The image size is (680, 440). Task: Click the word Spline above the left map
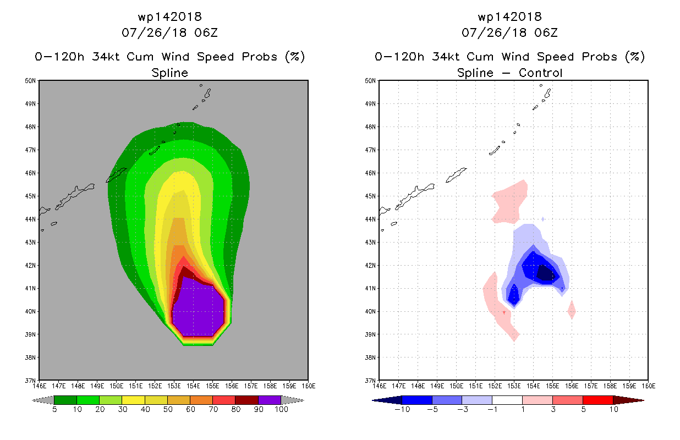coord(169,73)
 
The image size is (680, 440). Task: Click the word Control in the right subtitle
coord(540,73)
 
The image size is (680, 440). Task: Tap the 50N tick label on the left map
coord(30,81)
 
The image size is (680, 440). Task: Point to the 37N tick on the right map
coord(370,381)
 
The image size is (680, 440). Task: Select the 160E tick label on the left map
coord(309,386)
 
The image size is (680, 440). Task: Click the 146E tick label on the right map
coord(380,386)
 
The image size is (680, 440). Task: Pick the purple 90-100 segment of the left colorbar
coord(270,400)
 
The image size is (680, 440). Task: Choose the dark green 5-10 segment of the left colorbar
coord(65,400)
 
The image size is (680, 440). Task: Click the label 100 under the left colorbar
coord(281,409)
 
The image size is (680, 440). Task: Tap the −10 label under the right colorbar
coord(402,409)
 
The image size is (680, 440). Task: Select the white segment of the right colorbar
coord(507,400)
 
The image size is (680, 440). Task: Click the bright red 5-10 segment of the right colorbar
coord(598,400)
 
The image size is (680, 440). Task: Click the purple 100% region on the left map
coord(198,310)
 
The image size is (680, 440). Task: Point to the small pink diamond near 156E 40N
coord(572,310)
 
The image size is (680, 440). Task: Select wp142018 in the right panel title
coord(510,16)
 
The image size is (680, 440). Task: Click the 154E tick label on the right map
coord(533,386)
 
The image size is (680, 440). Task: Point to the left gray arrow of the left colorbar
coord(43,400)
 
